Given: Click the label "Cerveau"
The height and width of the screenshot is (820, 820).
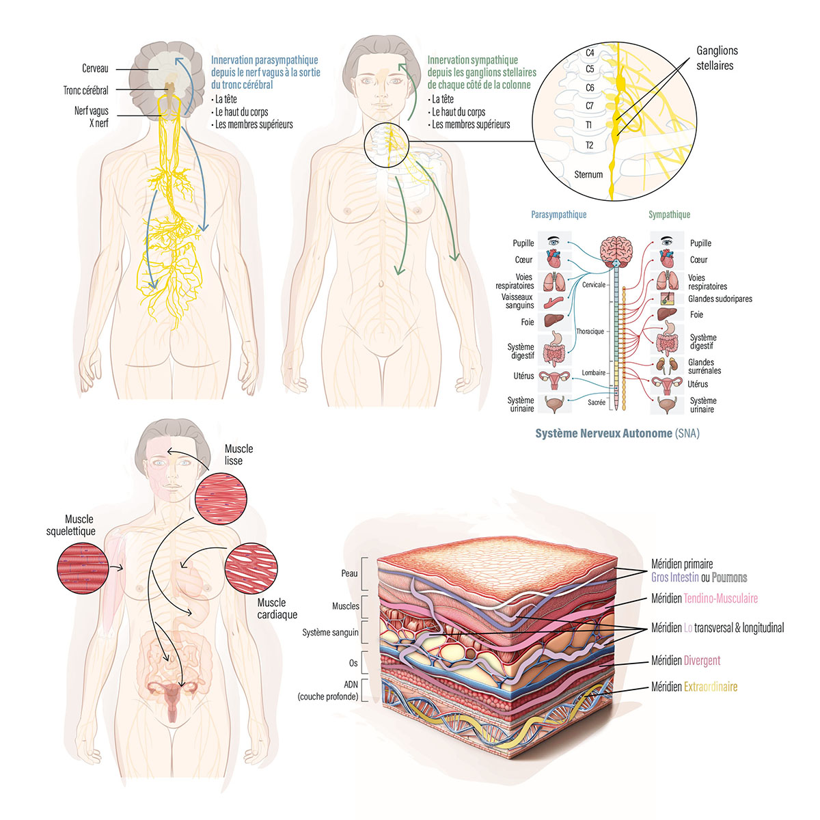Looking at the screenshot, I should point(95,68).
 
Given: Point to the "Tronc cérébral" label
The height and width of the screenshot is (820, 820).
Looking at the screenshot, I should point(85,90).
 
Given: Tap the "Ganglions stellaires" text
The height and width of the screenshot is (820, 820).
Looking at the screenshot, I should point(716,58).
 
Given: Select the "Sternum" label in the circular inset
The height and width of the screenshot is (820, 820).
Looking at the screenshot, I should point(588,174).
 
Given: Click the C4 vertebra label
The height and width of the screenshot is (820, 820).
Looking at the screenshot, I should point(590,53).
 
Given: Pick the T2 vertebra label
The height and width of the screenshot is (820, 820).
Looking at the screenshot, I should point(589,145).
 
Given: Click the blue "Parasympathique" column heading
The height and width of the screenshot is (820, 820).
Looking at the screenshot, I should point(558,215).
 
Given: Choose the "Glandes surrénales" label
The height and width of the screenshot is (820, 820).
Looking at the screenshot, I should point(705,366).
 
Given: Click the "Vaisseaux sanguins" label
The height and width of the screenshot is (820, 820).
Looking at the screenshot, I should point(517,301).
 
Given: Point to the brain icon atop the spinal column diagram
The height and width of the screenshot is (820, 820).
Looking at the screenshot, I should point(616,248).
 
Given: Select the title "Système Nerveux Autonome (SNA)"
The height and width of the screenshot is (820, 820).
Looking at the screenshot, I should point(617,433).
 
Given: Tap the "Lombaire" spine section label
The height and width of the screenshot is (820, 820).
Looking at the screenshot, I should point(593,372).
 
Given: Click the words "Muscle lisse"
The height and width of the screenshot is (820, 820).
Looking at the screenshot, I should point(238,454).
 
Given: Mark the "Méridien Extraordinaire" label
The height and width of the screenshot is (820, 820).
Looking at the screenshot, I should point(694,687).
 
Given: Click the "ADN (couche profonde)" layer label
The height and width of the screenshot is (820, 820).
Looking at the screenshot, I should point(327,690).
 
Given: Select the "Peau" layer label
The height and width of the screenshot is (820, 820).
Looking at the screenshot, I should point(349,573).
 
